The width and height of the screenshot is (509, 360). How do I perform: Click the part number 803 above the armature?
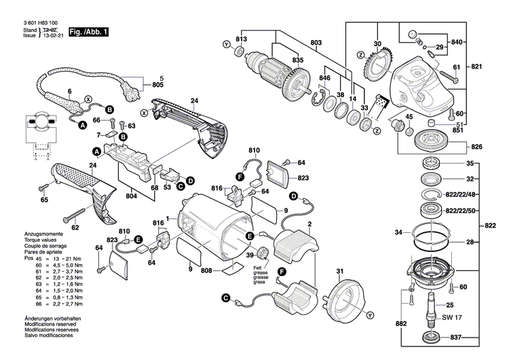316,43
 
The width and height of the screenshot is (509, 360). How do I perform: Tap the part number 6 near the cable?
69,91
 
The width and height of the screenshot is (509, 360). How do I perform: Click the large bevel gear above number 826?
428,138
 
